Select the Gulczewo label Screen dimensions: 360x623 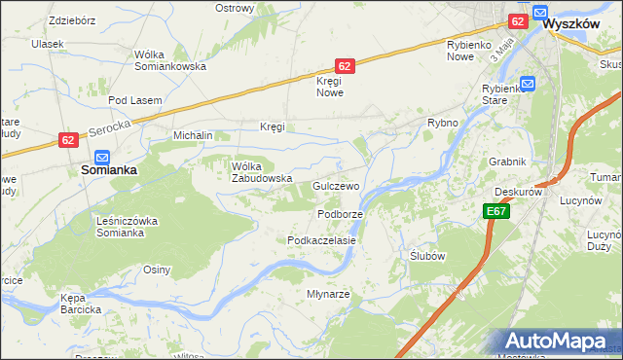337,185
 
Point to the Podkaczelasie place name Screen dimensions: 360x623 320,239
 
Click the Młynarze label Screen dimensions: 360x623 328,294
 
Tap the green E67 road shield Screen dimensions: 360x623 495,211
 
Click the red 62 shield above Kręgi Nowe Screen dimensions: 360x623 345,66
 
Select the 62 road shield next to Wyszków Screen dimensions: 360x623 517,20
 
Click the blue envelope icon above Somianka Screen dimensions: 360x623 102,156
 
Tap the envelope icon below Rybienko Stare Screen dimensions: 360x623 528,84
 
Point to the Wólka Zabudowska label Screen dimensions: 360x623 262,171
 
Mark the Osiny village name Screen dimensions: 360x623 157,270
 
